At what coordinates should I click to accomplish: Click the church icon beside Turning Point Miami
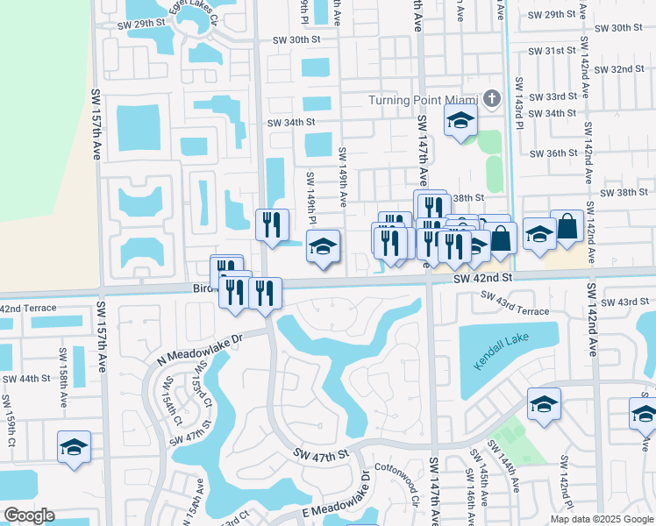492,99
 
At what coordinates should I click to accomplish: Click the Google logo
28,515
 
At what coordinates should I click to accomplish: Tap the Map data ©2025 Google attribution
602,519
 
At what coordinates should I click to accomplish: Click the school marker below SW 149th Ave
323,247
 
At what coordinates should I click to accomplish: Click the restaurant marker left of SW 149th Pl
272,225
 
